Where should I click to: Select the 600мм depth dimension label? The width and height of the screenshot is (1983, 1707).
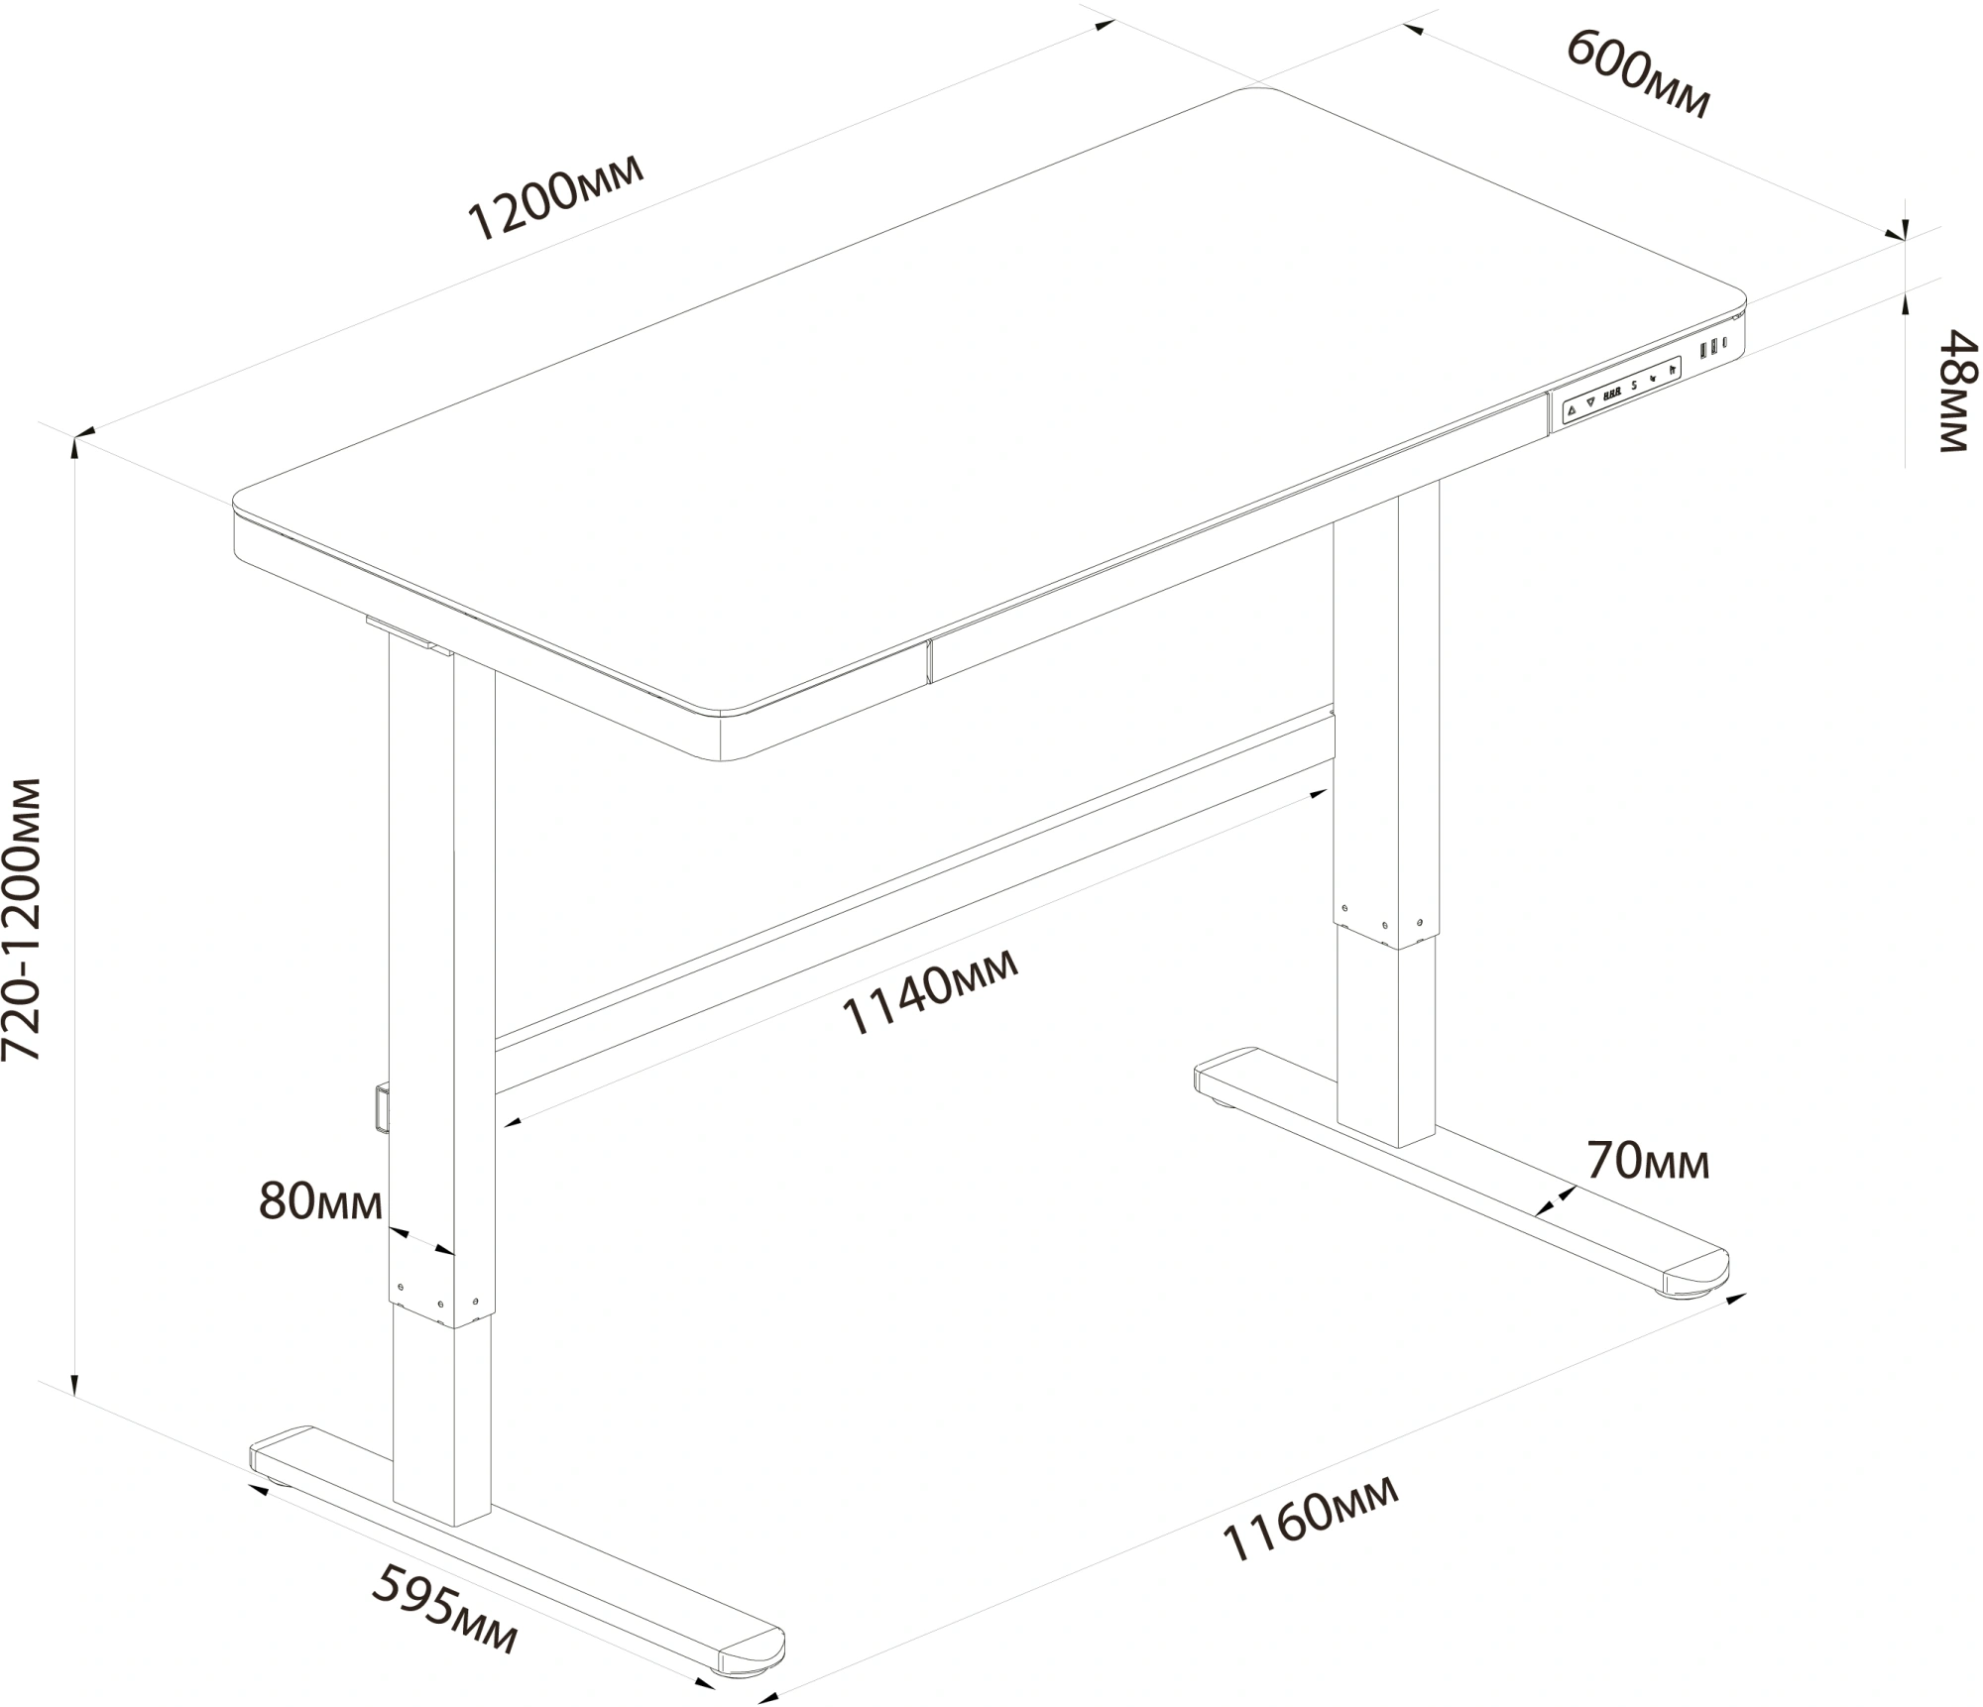click(x=1639, y=74)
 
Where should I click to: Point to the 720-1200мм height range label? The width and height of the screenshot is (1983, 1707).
click(x=22, y=920)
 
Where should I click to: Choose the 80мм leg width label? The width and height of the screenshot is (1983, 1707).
click(x=320, y=1201)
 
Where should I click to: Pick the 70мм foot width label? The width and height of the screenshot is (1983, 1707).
click(x=1648, y=1161)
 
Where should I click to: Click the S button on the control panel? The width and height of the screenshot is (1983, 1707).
click(x=1634, y=385)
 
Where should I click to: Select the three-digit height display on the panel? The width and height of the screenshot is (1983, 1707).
click(x=1613, y=393)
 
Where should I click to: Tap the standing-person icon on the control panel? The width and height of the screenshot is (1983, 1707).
click(x=1672, y=370)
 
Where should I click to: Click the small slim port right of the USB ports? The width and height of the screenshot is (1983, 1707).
click(x=1725, y=343)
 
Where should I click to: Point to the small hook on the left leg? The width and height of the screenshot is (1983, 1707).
click(x=382, y=1107)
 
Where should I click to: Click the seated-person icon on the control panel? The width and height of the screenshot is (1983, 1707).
click(x=1653, y=378)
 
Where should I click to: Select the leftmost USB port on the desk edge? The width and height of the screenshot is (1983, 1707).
click(x=1703, y=351)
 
